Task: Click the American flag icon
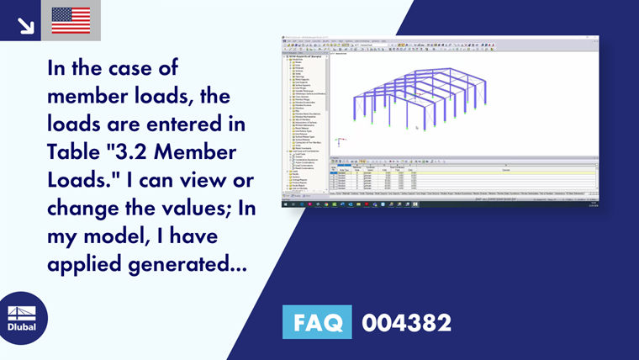coord(71,20)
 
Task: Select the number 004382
coord(406,322)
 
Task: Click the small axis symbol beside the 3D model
coord(338,142)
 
